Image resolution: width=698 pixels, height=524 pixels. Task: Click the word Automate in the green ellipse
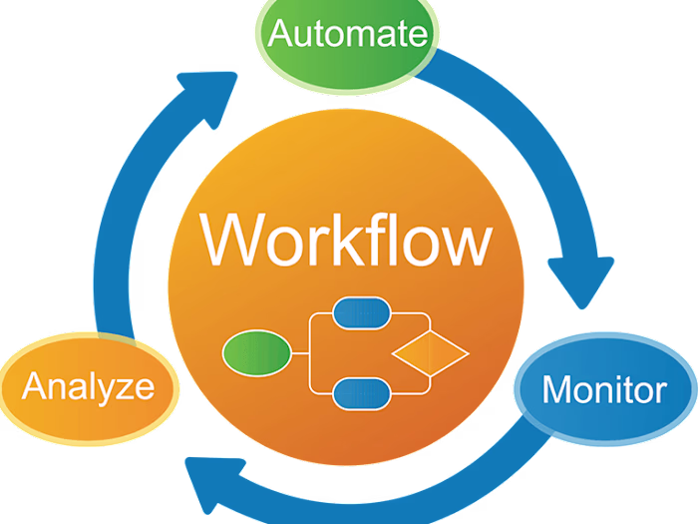pos(348,35)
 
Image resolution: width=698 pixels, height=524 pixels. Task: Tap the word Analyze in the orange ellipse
pos(89,385)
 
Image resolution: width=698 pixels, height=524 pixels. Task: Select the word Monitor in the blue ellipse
pos(604,388)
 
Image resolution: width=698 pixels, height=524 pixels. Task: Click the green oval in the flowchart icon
pos(256,351)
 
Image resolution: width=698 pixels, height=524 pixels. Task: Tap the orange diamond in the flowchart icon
pos(430,352)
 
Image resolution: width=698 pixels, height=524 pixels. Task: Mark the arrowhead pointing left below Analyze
pos(207,477)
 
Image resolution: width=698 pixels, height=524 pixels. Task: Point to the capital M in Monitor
pos(556,388)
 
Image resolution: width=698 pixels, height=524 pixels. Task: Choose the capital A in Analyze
pos(35,385)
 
